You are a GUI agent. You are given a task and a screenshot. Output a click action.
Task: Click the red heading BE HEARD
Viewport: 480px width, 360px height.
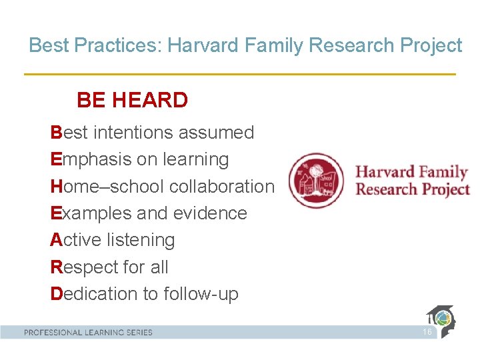click(x=132, y=101)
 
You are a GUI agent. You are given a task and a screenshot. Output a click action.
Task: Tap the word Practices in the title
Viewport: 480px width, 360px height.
click(x=117, y=45)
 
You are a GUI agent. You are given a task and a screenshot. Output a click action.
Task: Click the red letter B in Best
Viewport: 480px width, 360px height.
click(x=56, y=133)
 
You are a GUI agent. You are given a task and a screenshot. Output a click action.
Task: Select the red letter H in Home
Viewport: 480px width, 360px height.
click(x=57, y=187)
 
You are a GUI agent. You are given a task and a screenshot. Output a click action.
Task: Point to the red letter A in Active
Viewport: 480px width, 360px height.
click(x=56, y=240)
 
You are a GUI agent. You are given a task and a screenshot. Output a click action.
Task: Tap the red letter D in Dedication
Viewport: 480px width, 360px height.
click(x=57, y=294)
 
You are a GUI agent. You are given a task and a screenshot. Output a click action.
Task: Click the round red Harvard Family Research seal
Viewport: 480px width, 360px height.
click(x=316, y=181)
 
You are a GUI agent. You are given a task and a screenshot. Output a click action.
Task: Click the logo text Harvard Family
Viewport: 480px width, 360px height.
click(x=411, y=172)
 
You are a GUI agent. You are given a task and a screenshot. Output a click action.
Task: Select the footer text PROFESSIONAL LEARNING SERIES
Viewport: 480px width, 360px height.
click(x=88, y=332)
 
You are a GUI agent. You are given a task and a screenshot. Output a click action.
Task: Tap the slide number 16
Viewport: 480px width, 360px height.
click(x=427, y=332)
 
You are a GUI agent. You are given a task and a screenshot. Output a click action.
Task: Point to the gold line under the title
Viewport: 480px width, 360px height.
click(x=240, y=74)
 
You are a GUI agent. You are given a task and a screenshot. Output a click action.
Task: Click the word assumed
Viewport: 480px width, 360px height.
click(x=221, y=133)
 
